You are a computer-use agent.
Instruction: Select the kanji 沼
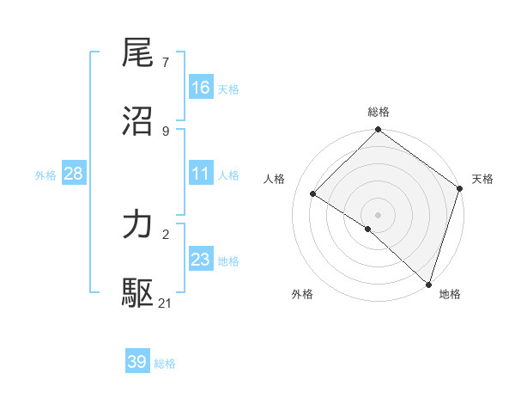(138, 121)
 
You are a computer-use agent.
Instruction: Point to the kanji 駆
(138, 293)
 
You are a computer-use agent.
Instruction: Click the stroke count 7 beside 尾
(165, 63)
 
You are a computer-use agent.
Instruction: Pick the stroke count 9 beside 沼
(165, 131)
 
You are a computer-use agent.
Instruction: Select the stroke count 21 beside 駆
(166, 303)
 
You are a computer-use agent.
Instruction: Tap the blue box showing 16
(201, 88)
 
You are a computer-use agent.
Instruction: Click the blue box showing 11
(201, 174)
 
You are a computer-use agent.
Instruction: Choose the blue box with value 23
(201, 260)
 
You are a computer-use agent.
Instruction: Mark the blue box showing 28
(74, 174)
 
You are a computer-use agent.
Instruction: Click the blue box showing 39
(137, 362)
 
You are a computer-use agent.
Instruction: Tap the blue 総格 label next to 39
(165, 364)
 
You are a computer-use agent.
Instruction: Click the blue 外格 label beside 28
(45, 175)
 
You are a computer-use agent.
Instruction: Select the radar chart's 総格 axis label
(379, 113)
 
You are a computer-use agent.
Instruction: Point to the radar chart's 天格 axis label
(483, 179)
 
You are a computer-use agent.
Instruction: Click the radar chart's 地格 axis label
(450, 295)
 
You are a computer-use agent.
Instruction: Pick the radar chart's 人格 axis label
(275, 179)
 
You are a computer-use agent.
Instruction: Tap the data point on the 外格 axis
(367, 230)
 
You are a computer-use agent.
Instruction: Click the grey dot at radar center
(379, 214)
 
